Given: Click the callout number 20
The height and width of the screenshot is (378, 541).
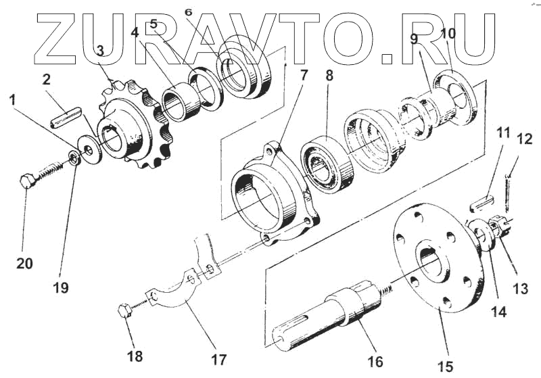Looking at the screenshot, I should [24, 264].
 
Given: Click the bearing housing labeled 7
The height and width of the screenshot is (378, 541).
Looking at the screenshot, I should [270, 196].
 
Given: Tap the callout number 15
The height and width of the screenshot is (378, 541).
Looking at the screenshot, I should [444, 367].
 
